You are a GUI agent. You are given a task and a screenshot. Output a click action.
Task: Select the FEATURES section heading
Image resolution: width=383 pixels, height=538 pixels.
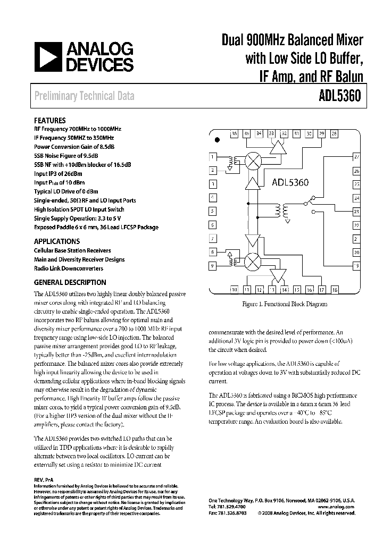(50, 121)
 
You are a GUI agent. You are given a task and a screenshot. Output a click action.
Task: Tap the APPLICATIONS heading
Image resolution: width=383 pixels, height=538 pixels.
(57, 241)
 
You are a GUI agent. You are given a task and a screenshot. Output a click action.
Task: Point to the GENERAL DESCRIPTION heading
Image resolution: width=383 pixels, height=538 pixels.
(70, 282)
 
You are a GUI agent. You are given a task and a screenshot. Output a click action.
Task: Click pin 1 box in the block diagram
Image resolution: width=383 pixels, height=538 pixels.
(213, 157)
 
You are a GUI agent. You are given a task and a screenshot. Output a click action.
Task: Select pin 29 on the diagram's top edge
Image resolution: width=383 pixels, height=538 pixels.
(321, 134)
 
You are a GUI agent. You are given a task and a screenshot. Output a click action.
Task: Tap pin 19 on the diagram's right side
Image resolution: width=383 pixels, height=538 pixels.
(356, 265)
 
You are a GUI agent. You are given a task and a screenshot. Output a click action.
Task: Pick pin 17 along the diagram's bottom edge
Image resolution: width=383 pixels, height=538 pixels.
(322, 290)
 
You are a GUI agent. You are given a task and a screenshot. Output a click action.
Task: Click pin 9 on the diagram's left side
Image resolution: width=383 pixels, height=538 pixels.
(213, 265)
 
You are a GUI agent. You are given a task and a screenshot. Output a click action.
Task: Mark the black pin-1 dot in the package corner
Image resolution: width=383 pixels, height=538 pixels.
(217, 140)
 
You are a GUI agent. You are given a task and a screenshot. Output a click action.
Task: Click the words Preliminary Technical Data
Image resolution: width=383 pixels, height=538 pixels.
(84, 96)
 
